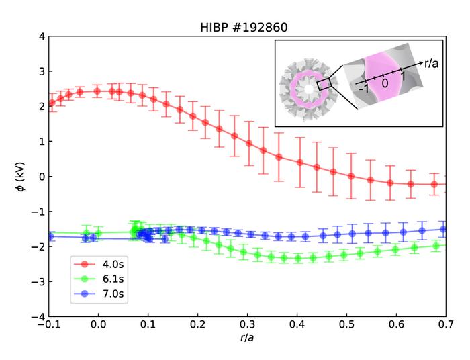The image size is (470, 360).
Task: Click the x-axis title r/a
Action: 246,338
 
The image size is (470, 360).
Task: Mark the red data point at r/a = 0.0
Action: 98,91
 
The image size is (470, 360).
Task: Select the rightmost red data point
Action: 434,184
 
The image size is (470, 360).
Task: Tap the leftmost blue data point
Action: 50,236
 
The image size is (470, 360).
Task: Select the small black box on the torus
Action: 324,84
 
